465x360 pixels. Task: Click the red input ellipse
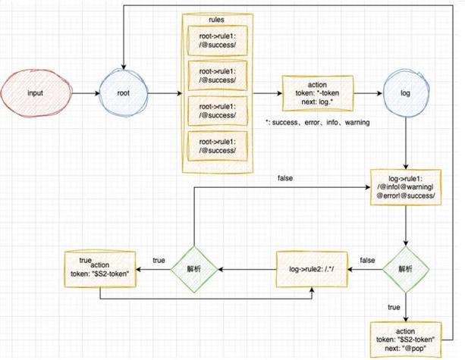35,93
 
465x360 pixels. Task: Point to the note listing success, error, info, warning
317,122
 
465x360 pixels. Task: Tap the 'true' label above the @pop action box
394,308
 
